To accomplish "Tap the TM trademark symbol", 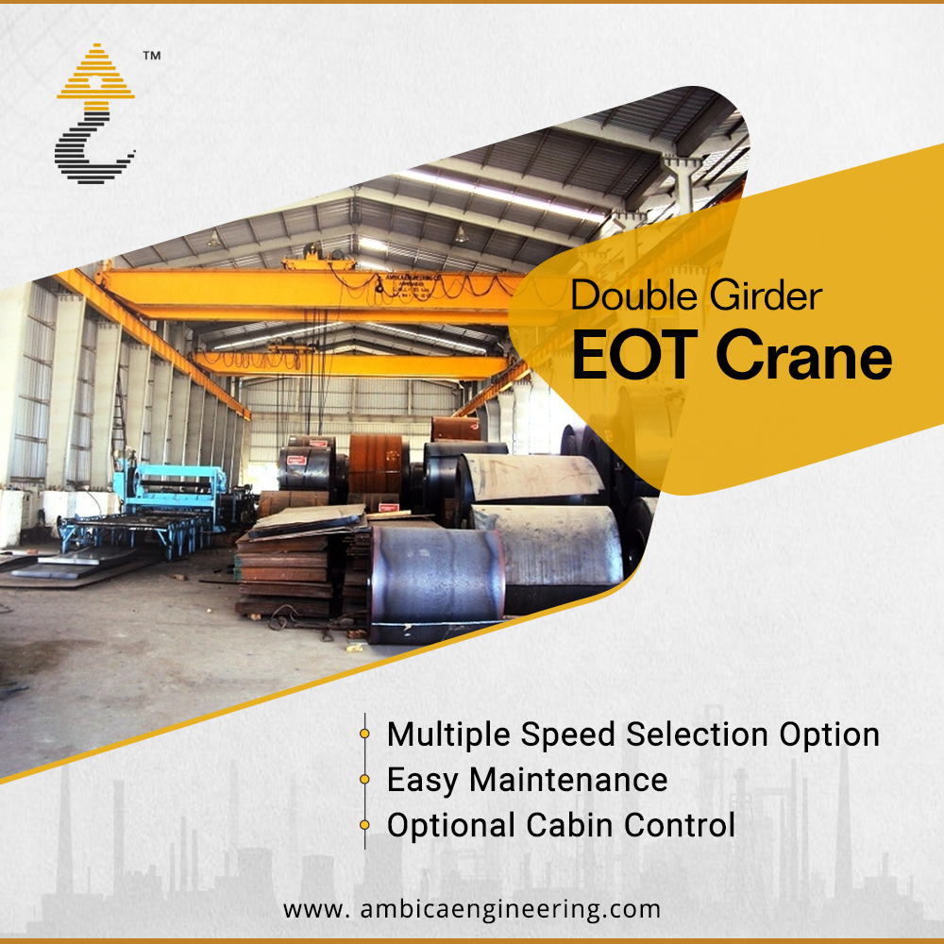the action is (x=152, y=56).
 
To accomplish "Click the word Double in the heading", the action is (x=634, y=295).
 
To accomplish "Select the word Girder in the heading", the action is (x=766, y=295).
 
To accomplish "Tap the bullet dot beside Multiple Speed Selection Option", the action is (x=364, y=733).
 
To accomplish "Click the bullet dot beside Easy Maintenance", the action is (x=364, y=779).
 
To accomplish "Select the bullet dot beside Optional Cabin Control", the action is (x=364, y=825).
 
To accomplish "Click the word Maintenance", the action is (x=568, y=780).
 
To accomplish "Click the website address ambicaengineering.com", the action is (x=511, y=909).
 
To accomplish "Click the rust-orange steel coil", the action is (x=375, y=464).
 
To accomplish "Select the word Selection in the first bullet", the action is (x=698, y=734).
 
